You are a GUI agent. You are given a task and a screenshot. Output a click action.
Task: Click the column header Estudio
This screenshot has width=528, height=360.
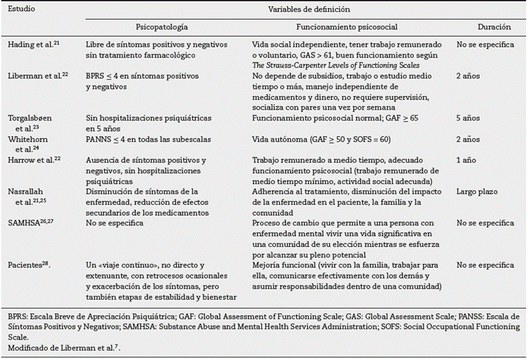pos(22,11)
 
